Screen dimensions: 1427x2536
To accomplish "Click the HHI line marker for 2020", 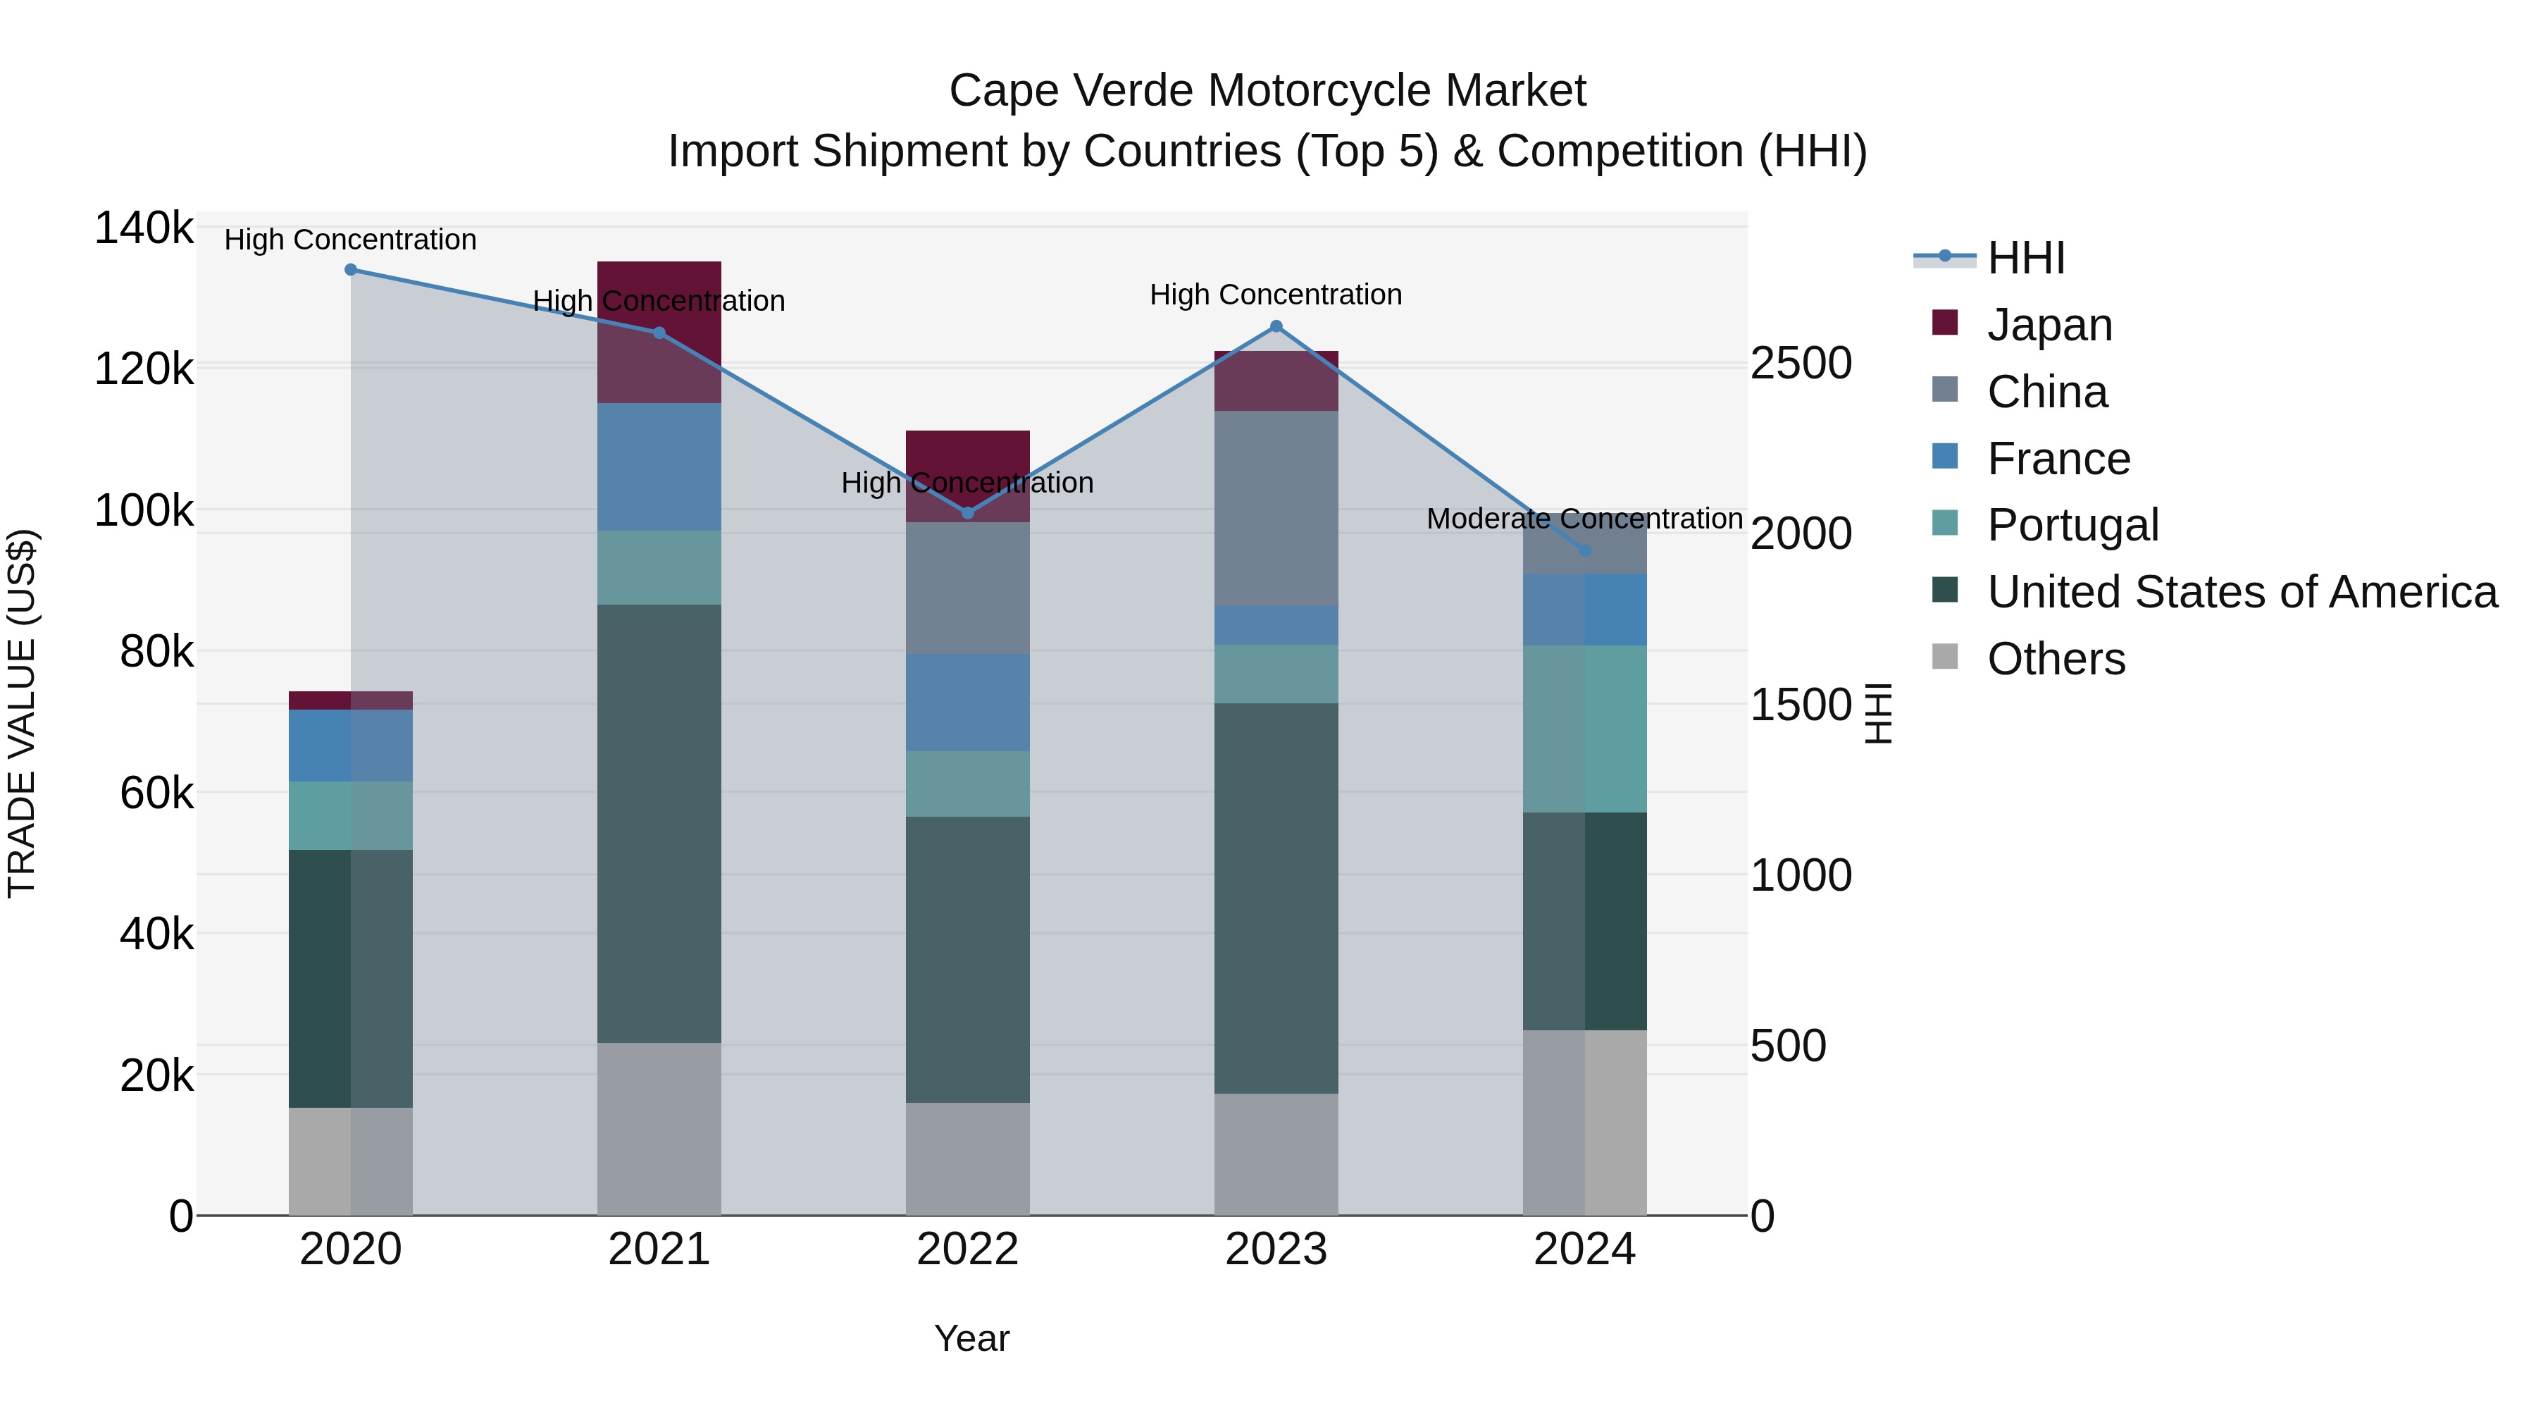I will [351, 270].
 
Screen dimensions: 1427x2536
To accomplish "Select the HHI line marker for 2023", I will [1276, 326].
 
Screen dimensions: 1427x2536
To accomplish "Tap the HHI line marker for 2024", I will [1585, 550].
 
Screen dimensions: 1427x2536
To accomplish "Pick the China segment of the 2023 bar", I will [1276, 507].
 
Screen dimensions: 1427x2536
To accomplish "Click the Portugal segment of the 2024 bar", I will [1585, 729].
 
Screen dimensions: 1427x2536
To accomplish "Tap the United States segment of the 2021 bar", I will [659, 823].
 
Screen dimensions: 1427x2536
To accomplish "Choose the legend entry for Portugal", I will [2072, 525].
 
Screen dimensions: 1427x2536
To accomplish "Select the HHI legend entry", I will [2025, 258].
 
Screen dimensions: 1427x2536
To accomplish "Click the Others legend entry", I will [2056, 659].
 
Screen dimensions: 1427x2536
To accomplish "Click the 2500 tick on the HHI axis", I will [1801, 364].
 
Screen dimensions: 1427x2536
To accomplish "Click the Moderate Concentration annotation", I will [1584, 519].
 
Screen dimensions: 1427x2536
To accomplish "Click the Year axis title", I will [971, 1338].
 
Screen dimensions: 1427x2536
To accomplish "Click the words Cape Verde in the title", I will [1071, 91].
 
